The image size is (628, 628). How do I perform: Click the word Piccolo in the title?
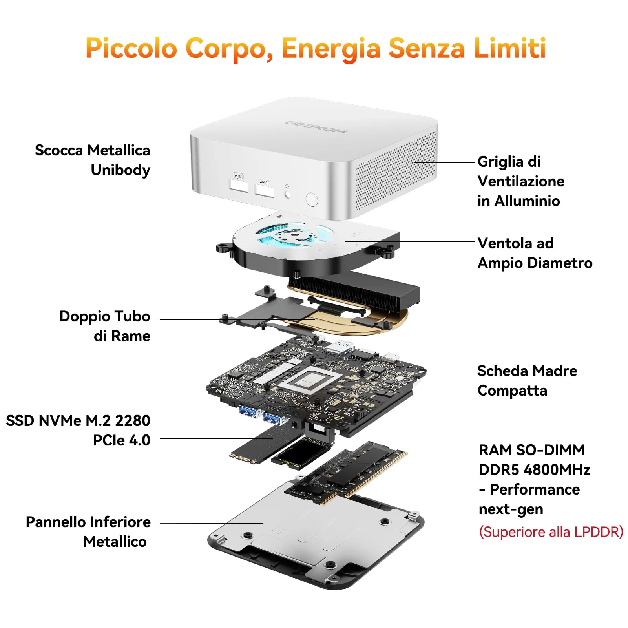(131, 48)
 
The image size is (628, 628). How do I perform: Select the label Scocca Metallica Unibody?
(93, 160)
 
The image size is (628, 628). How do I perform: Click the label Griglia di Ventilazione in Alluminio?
(520, 181)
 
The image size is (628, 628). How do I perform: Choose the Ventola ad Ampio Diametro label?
(535, 253)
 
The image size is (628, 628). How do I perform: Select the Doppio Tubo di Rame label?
(105, 326)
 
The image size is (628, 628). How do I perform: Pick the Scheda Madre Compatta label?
(527, 380)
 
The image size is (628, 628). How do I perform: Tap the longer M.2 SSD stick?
(259, 444)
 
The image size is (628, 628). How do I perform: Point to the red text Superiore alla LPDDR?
(551, 532)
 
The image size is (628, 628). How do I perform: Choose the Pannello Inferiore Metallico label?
(88, 532)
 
